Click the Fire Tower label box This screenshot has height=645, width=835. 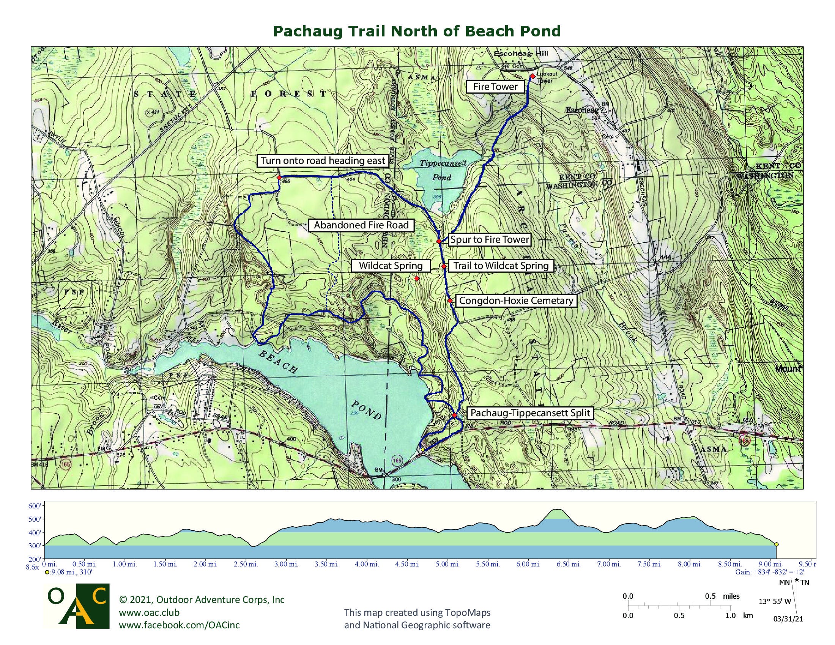(x=495, y=87)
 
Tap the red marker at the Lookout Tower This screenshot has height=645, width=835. (x=533, y=76)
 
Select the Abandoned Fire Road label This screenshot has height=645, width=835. (x=361, y=225)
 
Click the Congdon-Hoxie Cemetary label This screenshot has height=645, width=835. (x=516, y=301)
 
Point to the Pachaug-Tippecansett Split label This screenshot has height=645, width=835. (x=530, y=413)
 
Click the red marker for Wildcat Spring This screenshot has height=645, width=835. (x=417, y=279)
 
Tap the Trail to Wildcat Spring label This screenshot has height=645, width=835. (x=501, y=266)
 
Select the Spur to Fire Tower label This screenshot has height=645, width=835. (x=489, y=239)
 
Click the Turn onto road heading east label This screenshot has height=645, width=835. (x=323, y=160)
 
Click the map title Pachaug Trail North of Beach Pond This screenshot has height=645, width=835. (x=417, y=31)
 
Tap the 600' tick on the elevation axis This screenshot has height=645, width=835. (x=35, y=506)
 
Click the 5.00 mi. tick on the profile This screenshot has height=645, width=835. (x=447, y=564)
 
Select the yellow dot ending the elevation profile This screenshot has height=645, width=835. (x=777, y=544)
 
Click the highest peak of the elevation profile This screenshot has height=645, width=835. (x=558, y=510)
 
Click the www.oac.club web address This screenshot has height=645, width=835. (x=149, y=612)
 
